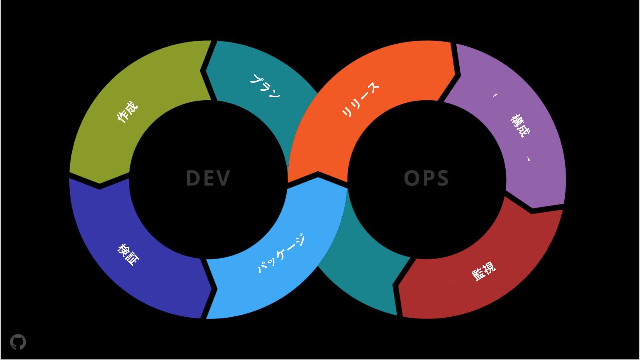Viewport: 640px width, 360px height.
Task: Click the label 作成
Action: click(128, 111)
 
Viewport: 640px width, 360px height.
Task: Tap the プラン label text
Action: click(265, 86)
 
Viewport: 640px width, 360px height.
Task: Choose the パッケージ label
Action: click(281, 254)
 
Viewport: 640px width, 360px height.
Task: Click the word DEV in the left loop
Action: click(208, 178)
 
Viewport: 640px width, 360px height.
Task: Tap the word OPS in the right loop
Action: click(426, 178)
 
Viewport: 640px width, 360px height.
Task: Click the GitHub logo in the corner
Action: click(18, 342)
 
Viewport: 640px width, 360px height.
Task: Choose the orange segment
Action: click(320, 140)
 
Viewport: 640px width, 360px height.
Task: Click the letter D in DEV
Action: click(193, 178)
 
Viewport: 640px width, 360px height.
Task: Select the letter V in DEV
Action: click(223, 178)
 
